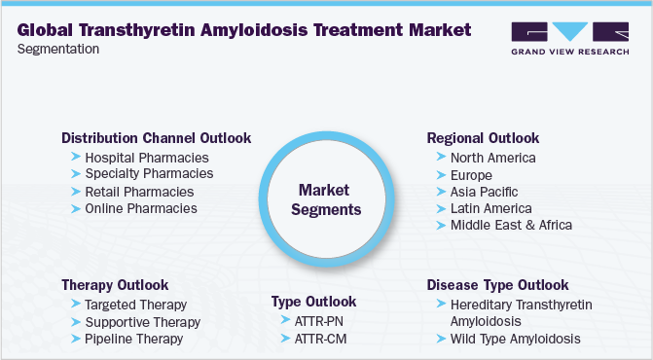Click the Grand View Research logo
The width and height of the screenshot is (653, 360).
(569, 38)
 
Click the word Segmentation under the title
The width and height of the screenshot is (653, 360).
(58, 49)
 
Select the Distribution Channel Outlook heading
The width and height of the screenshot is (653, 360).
(156, 138)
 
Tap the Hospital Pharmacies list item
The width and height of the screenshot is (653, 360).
(147, 158)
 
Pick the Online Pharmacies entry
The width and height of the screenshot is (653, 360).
(141, 208)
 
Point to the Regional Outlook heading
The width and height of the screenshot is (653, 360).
(483, 138)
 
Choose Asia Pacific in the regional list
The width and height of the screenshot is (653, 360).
(484, 192)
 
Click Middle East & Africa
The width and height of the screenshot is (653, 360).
(512, 225)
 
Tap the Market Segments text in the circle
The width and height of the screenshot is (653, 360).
(326, 199)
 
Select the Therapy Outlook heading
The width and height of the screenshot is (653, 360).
(115, 285)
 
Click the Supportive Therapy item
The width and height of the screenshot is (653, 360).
(143, 322)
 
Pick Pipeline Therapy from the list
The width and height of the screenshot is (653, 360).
(133, 339)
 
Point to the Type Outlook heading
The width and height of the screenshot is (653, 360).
(313, 302)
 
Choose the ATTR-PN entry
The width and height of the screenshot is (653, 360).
(318, 321)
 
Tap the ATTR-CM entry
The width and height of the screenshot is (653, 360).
(320, 339)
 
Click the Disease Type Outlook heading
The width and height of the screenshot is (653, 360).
(497, 285)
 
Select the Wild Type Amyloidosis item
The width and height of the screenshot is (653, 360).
(516, 339)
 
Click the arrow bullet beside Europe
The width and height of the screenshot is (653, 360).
(442, 175)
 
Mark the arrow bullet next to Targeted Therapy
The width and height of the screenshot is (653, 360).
(76, 305)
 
